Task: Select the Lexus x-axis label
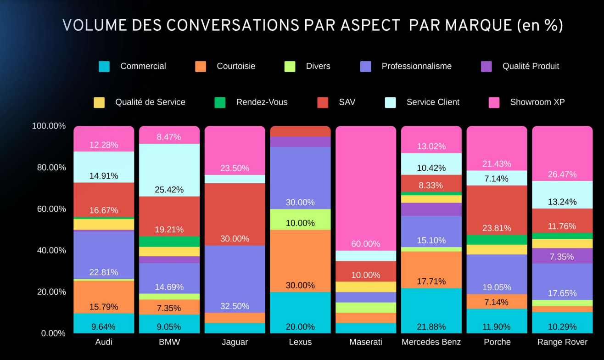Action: pyautogui.click(x=300, y=342)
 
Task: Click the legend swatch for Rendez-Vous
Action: pyautogui.click(x=220, y=102)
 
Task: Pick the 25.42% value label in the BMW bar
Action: pyautogui.click(x=169, y=189)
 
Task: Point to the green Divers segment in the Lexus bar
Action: pyautogui.click(x=300, y=219)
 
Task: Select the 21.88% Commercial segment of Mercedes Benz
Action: pyautogui.click(x=431, y=310)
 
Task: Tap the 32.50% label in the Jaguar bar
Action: pyautogui.click(x=235, y=306)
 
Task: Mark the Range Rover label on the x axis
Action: pyautogui.click(x=562, y=342)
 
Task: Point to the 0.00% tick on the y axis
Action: pyautogui.click(x=53, y=333)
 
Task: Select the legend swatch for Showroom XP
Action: pyautogui.click(x=494, y=102)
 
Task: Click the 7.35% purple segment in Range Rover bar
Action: pyautogui.click(x=562, y=256)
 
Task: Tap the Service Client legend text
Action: pyautogui.click(x=432, y=102)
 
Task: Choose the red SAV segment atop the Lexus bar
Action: pyautogui.click(x=300, y=131)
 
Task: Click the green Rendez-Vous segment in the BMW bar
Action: pyautogui.click(x=169, y=242)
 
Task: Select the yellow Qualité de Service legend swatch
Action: pyautogui.click(x=99, y=102)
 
